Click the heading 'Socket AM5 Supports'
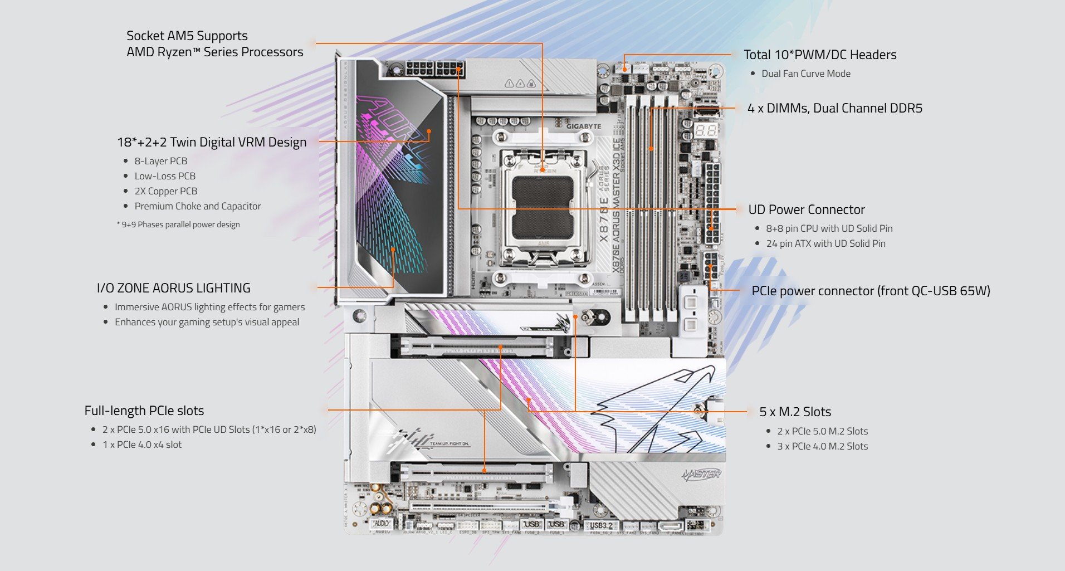click(x=187, y=36)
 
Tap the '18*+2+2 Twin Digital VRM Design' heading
click(x=212, y=142)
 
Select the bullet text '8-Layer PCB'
click(x=160, y=161)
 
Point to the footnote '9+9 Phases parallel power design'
click(x=180, y=225)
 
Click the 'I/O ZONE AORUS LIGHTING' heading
click(x=174, y=288)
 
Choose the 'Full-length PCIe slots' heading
click(x=144, y=411)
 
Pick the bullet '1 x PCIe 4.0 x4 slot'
click(x=142, y=445)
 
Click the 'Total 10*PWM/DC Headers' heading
click(x=820, y=55)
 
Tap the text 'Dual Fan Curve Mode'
click(x=805, y=74)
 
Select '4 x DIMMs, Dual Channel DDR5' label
click(x=834, y=108)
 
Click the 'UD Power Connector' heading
click(x=807, y=209)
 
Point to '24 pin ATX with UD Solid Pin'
click(x=825, y=243)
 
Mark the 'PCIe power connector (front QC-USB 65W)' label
click(x=871, y=291)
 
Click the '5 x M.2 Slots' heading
click(x=795, y=412)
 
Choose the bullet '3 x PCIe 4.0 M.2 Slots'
click(x=822, y=446)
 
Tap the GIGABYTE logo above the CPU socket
click(x=584, y=126)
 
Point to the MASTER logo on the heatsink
click(x=701, y=475)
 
